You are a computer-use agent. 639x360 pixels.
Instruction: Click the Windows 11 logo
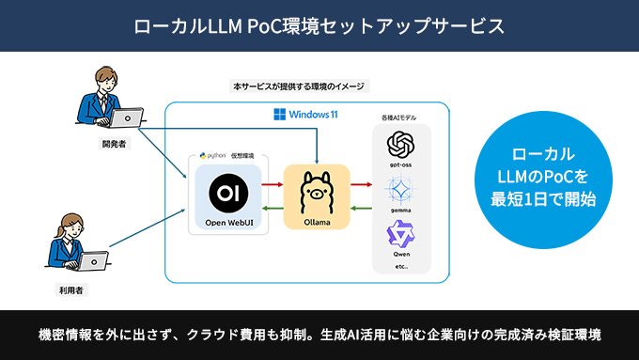coord(279,115)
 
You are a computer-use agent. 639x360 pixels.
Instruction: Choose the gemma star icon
coord(401,192)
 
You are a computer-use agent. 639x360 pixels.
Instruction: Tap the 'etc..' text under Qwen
coord(401,266)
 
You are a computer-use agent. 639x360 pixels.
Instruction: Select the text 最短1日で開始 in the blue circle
coord(550,197)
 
